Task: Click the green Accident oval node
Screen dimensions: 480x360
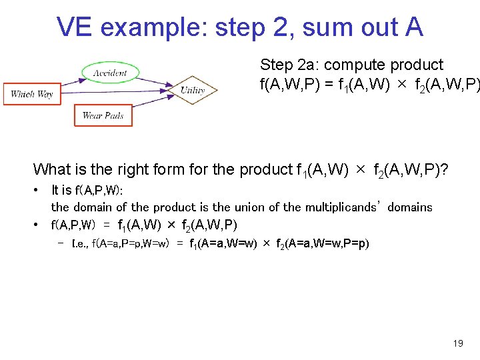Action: [109, 73]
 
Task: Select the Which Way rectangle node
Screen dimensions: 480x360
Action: [31, 94]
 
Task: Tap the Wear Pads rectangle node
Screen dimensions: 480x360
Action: [103, 115]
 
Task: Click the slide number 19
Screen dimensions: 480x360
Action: [457, 343]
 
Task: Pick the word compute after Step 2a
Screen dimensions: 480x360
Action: [353, 65]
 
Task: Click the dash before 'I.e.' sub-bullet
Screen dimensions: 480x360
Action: [62, 243]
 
